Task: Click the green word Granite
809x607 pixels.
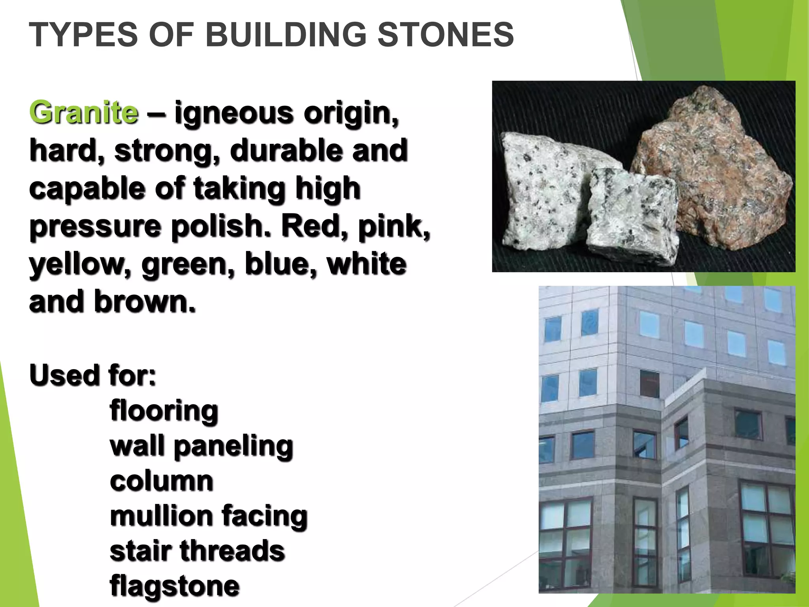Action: pyautogui.click(x=84, y=113)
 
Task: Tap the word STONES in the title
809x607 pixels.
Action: pyautogui.click(x=446, y=35)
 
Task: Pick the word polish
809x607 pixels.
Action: pyautogui.click(x=221, y=226)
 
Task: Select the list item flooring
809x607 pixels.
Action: pyautogui.click(x=164, y=411)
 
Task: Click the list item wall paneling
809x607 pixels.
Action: pyautogui.click(x=201, y=446)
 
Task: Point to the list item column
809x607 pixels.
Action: pyautogui.click(x=162, y=481)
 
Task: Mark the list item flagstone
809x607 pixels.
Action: pyautogui.click(x=175, y=586)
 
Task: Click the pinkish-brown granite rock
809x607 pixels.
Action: pyautogui.click(x=711, y=170)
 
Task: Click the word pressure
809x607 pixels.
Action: pyautogui.click(x=95, y=226)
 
